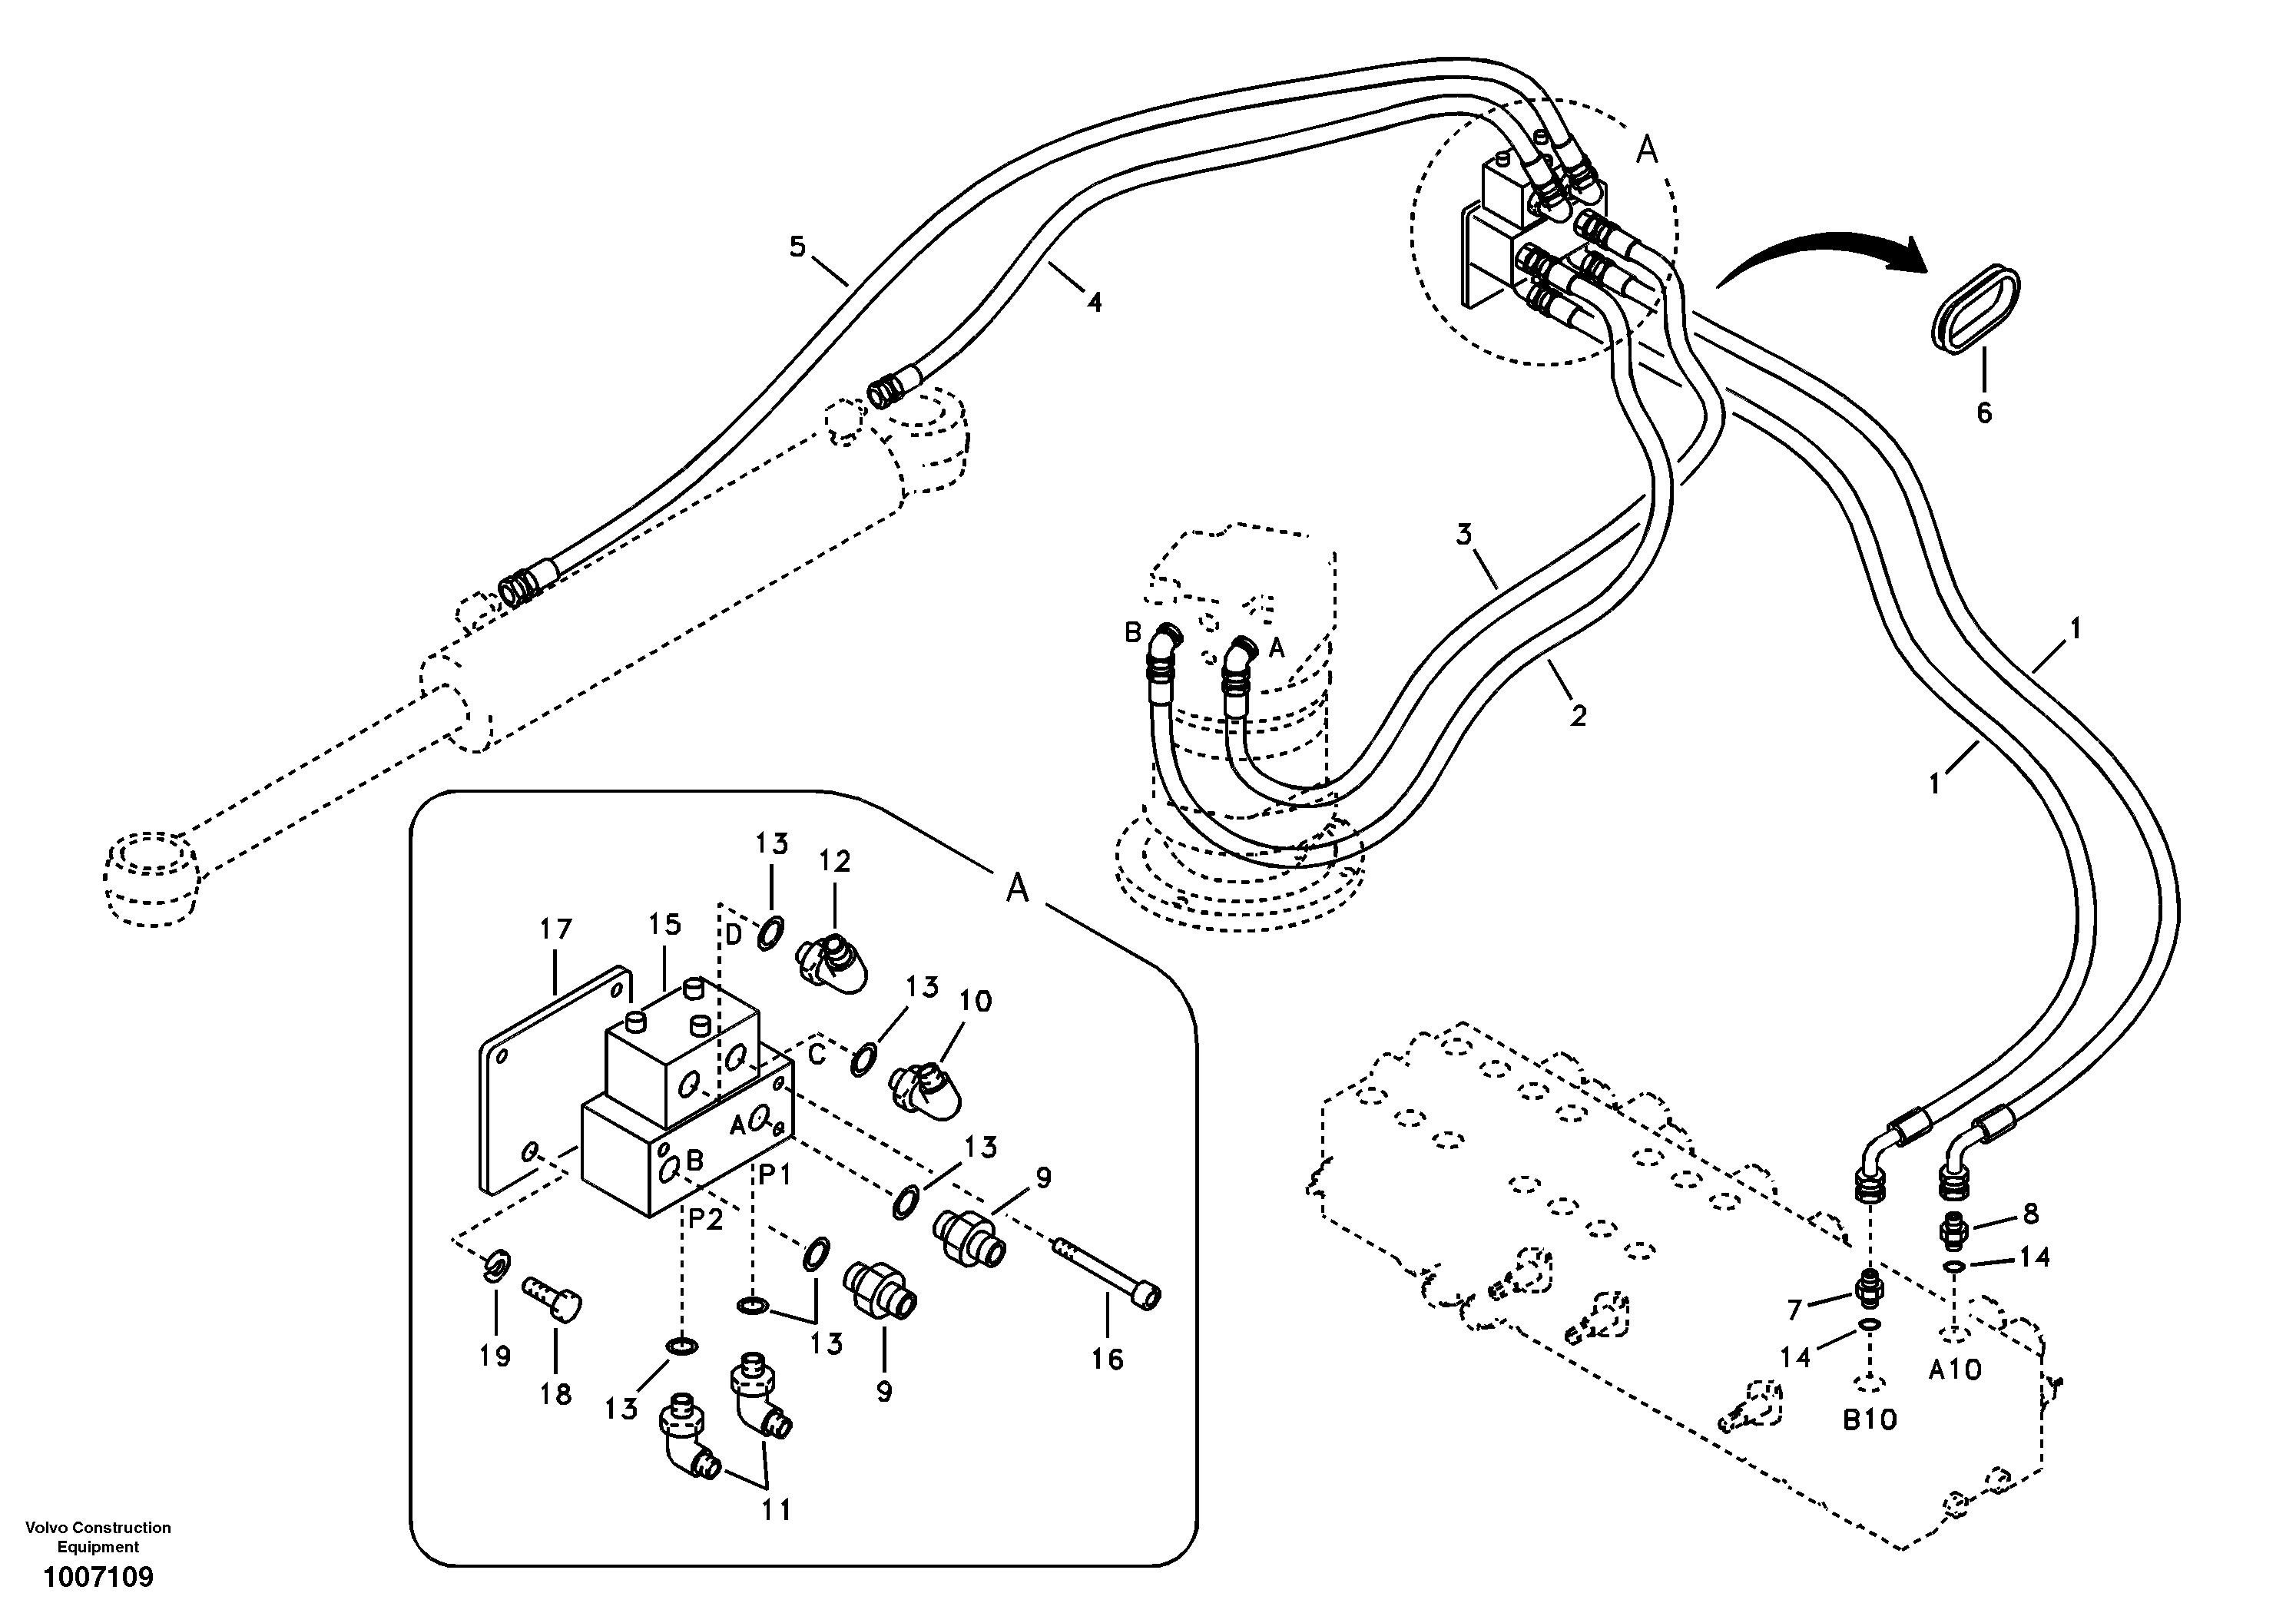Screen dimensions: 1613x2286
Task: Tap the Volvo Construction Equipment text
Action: [x=98, y=1537]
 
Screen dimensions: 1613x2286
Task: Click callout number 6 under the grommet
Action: [x=1983, y=412]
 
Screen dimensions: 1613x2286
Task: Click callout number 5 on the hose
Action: [x=797, y=246]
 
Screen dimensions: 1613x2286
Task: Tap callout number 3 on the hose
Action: [x=1463, y=535]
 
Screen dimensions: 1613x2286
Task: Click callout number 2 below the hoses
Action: [x=1577, y=715]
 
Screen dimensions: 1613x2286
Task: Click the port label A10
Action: [x=1954, y=1371]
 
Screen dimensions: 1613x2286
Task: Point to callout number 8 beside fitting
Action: [x=2030, y=1214]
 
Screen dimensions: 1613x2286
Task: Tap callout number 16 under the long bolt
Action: [x=1107, y=1359]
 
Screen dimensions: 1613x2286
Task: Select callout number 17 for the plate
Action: [x=555, y=930]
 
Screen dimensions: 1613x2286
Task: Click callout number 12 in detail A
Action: [x=834, y=861]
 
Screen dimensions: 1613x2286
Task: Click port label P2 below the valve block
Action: [x=705, y=1220]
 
